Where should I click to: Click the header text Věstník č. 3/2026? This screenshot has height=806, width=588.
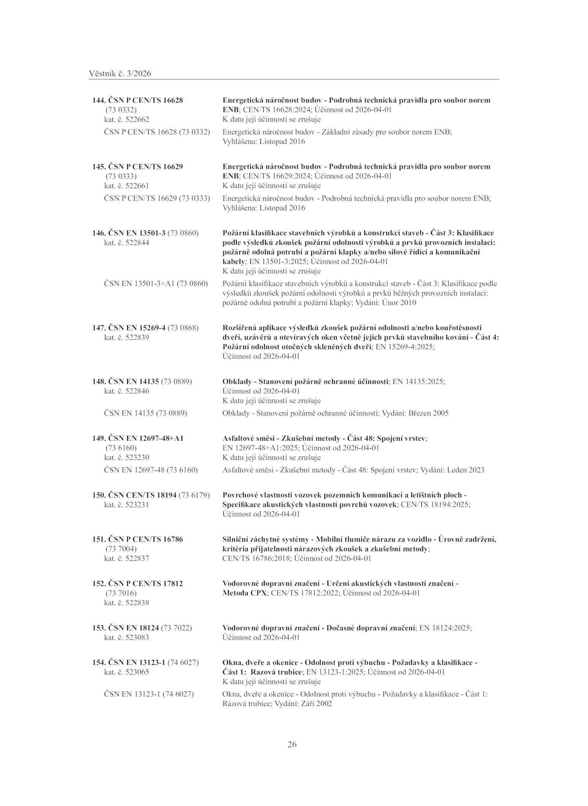[120, 74]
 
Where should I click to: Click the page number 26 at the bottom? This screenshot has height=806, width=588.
[292, 745]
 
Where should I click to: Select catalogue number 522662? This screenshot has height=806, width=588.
[137, 119]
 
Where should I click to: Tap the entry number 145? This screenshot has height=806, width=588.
[99, 166]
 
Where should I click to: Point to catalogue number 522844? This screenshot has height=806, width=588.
[137, 243]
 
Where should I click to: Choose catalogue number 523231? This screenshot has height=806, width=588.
[137, 505]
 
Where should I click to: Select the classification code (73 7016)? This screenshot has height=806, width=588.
[121, 593]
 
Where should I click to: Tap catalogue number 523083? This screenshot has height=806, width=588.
[137, 637]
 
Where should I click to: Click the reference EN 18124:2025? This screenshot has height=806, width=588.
[445, 628]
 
